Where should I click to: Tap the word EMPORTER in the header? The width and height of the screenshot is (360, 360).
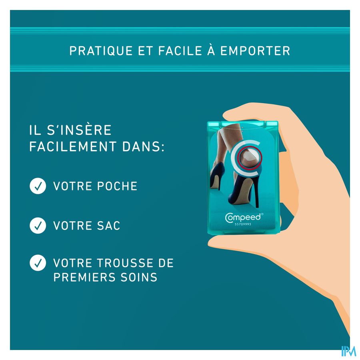(255, 51)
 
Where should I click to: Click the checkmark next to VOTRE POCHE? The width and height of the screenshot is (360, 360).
(38, 186)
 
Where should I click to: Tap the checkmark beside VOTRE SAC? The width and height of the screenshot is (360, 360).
(38, 226)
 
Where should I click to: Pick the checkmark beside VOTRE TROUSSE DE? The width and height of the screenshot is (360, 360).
(38, 263)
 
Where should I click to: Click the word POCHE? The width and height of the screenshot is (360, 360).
(117, 186)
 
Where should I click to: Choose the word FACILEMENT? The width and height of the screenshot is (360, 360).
(73, 146)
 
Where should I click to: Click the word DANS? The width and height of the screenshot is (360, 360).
(144, 146)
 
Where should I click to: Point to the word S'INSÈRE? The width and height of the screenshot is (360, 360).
(79, 130)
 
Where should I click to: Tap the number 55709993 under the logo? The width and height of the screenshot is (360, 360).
(243, 224)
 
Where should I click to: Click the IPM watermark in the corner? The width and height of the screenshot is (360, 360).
(348, 351)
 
